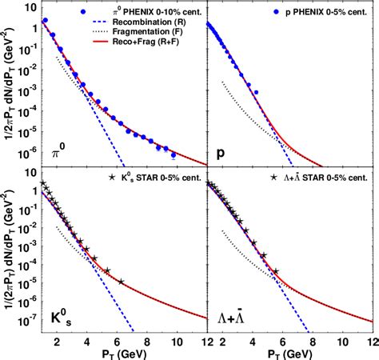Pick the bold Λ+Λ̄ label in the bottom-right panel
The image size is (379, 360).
click(x=232, y=318)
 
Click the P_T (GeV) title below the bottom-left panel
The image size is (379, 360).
click(x=116, y=353)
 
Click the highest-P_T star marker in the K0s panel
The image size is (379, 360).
click(x=121, y=282)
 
